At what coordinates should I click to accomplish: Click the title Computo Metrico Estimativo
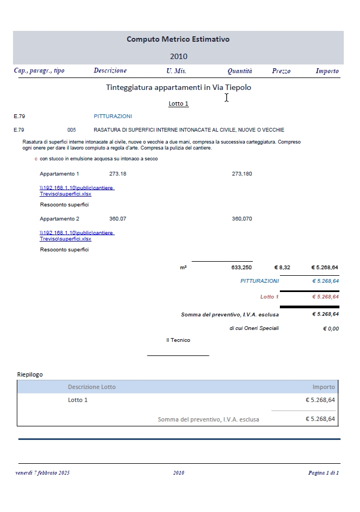[x=178, y=39]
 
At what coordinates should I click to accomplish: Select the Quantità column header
[x=239, y=71]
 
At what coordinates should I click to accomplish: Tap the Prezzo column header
[x=281, y=71]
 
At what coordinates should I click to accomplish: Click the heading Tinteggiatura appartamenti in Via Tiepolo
[x=179, y=87]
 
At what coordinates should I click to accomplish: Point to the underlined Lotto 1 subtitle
[x=179, y=103]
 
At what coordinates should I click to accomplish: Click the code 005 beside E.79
[x=71, y=130]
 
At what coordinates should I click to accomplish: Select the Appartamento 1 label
[x=60, y=174]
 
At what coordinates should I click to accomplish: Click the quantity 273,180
[x=241, y=174]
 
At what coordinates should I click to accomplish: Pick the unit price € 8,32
[x=282, y=268]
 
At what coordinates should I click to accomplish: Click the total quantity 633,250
[x=241, y=268]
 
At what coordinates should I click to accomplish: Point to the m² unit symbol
[x=183, y=268]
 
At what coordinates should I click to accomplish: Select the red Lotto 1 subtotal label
[x=269, y=297]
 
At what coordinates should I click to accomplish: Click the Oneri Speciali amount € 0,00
[x=330, y=328]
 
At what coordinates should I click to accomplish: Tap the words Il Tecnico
[x=178, y=340]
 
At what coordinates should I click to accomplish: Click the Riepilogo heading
[x=30, y=374]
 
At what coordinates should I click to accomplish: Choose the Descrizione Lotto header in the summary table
[x=91, y=387]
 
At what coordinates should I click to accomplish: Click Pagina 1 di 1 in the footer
[x=323, y=473]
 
